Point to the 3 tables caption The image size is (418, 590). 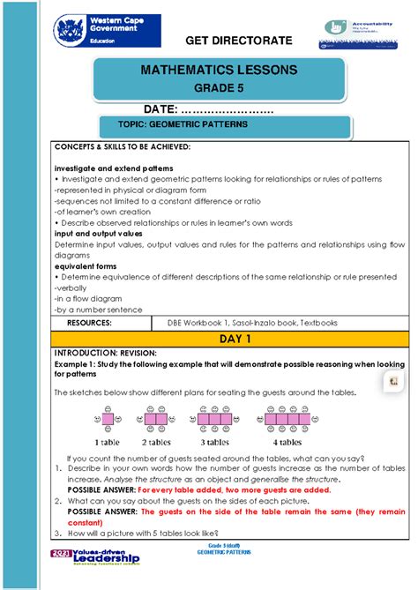[x=214, y=441]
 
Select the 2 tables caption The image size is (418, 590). [x=157, y=441]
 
